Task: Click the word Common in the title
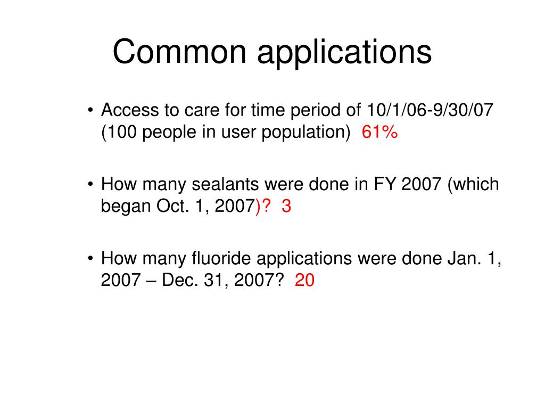(180, 53)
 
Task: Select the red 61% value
(379, 132)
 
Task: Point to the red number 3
(286, 206)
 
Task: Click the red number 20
(305, 280)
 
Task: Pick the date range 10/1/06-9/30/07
(431, 110)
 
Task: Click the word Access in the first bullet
(129, 110)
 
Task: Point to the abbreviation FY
(387, 184)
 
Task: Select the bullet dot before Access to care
(91, 111)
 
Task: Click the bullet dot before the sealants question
(91, 185)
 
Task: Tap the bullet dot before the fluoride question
(91, 259)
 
